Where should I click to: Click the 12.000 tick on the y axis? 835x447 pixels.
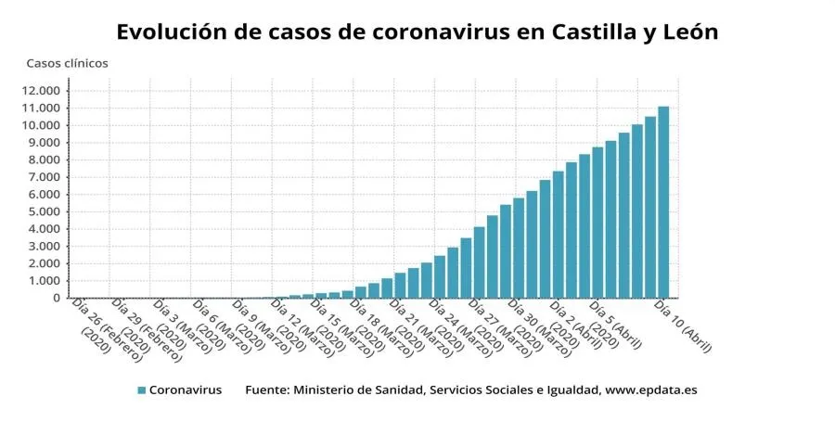click(41, 90)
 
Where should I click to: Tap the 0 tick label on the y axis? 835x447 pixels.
click(57, 299)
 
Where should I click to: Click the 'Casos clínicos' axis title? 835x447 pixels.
click(67, 63)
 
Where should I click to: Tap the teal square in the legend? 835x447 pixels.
click(141, 390)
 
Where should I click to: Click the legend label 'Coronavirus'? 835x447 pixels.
click(186, 390)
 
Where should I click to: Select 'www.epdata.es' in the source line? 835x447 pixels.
click(650, 390)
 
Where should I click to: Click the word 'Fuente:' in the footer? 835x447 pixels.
click(266, 390)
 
